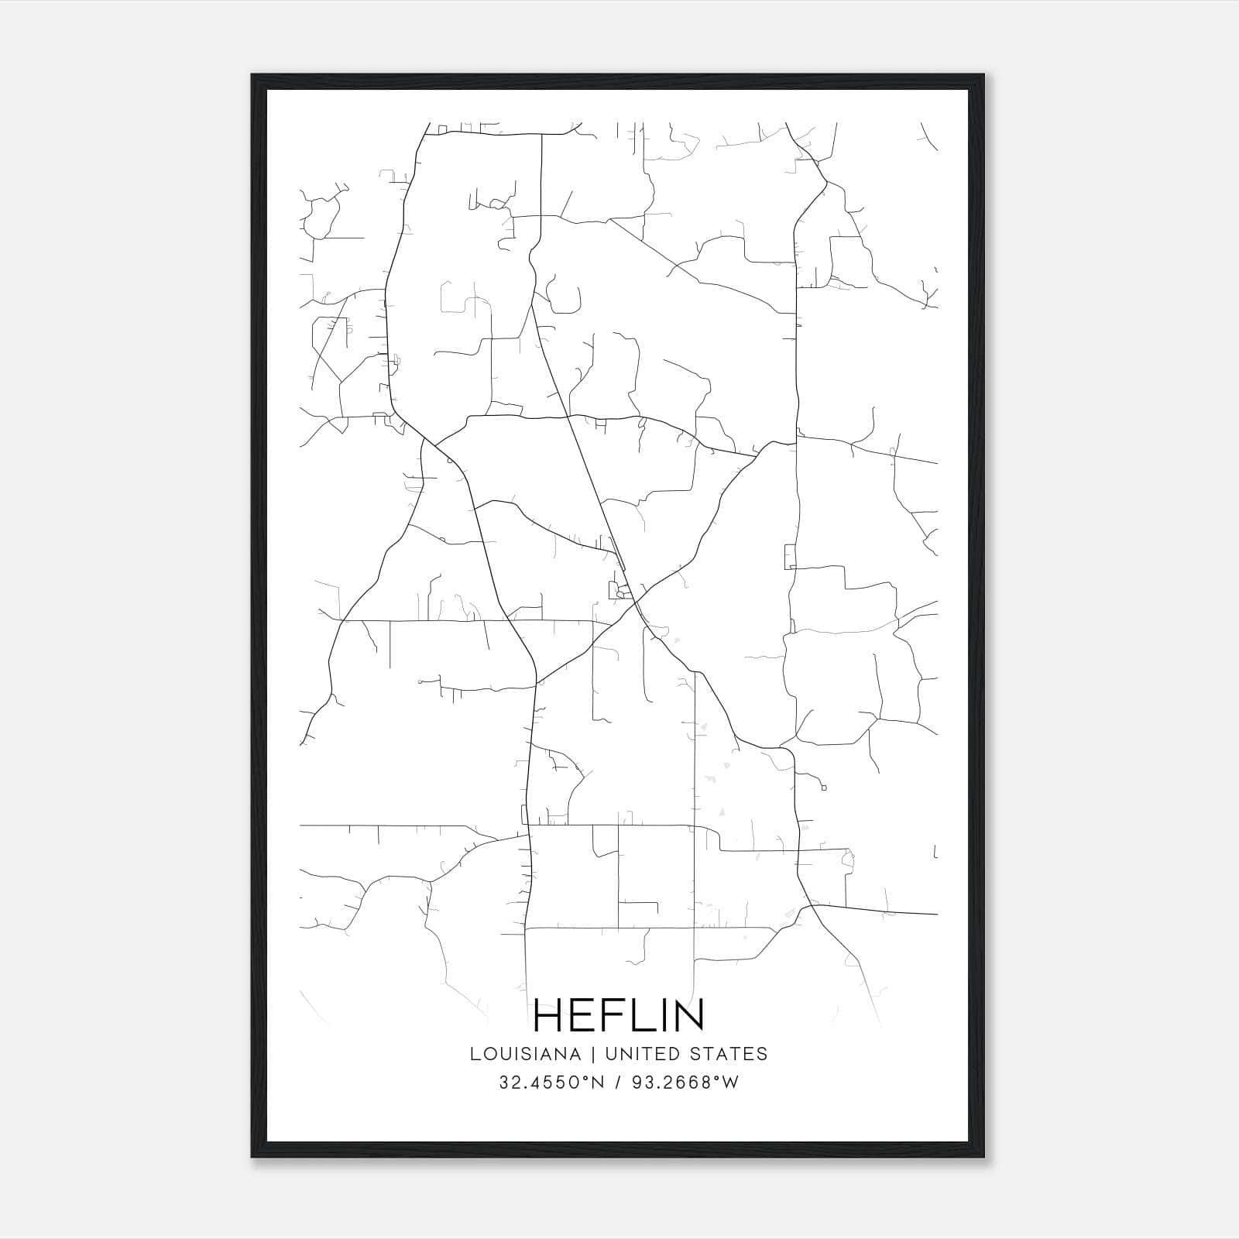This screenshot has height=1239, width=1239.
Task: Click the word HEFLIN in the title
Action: tap(619, 1014)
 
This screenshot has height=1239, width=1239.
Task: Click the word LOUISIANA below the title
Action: tap(525, 1054)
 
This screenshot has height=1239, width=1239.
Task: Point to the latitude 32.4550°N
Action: tap(551, 1083)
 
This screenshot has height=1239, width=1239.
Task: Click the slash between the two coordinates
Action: tap(616, 1083)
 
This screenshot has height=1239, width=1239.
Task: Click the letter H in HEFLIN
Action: tap(551, 1014)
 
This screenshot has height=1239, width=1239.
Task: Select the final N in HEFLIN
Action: tap(688, 1014)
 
